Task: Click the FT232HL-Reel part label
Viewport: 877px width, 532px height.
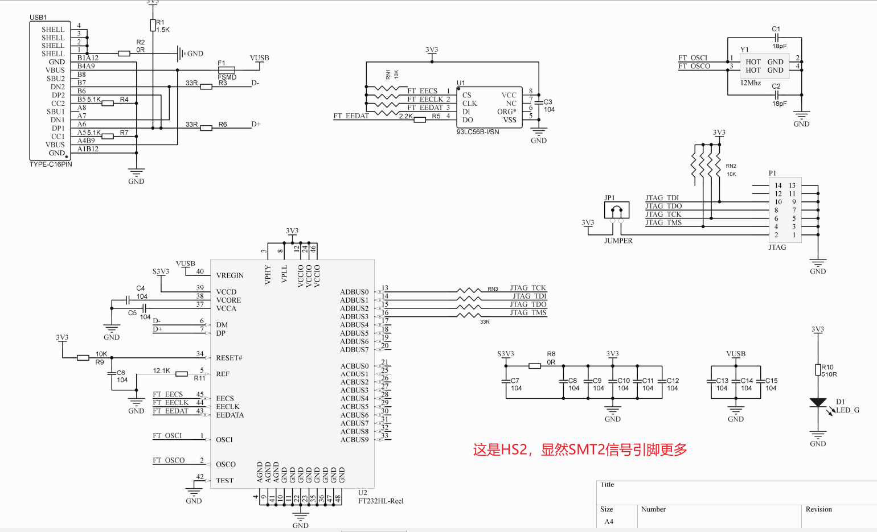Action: click(380, 501)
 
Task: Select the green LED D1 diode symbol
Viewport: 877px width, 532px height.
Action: click(818, 403)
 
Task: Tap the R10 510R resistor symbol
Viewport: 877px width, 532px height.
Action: click(818, 370)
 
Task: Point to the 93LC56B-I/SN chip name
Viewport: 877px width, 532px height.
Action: click(478, 132)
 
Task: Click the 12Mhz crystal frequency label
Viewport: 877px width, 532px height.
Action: click(751, 83)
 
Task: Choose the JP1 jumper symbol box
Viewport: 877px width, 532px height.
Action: click(617, 211)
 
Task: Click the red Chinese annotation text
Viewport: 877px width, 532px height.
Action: click(580, 450)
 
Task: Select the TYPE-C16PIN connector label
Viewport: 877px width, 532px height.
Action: click(51, 164)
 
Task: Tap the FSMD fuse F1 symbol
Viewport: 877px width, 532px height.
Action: click(227, 70)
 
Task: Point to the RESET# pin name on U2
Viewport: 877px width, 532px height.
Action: click(229, 358)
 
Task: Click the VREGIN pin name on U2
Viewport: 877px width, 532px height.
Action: click(230, 275)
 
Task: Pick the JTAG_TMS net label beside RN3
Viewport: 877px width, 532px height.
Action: click(528, 312)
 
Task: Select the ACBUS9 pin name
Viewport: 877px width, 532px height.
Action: click(354, 440)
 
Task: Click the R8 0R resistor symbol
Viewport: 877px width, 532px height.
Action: click(535, 366)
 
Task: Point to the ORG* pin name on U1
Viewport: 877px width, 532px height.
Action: click(506, 112)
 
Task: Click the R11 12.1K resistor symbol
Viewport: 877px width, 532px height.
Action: click(182, 374)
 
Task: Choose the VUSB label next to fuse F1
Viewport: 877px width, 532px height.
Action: click(259, 58)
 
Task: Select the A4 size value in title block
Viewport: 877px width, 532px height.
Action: click(609, 522)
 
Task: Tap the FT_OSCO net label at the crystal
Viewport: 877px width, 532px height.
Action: click(694, 67)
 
